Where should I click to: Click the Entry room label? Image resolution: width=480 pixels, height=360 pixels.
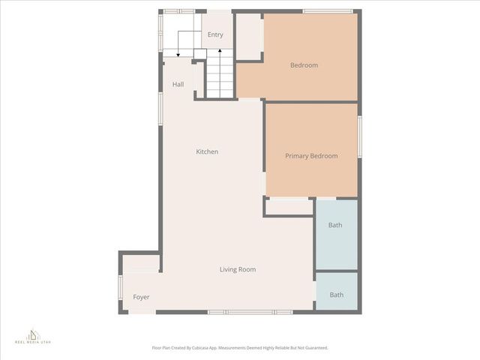[215, 34]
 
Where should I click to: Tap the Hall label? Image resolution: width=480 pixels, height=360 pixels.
[178, 84]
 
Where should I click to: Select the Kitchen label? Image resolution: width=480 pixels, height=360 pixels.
[207, 151]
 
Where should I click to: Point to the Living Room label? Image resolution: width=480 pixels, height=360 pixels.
[238, 269]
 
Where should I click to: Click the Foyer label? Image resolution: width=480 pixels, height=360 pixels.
[141, 297]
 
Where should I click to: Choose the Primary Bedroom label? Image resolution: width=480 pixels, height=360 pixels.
[311, 156]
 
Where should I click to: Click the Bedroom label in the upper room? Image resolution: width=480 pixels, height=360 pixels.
[304, 65]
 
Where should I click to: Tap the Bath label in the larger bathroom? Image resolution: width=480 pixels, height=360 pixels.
[335, 225]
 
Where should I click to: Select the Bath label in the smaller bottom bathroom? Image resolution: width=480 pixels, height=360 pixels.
[337, 295]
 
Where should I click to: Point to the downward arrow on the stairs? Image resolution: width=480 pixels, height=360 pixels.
[178, 51]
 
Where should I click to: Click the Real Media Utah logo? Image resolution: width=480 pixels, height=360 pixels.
[32, 336]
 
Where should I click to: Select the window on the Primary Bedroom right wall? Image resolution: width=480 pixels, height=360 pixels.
[359, 136]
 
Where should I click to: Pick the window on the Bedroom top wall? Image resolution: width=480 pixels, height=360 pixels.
[328, 11]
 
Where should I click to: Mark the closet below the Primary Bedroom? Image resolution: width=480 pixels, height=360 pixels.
[289, 207]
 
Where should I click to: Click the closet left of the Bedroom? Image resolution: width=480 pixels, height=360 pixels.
[248, 36]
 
